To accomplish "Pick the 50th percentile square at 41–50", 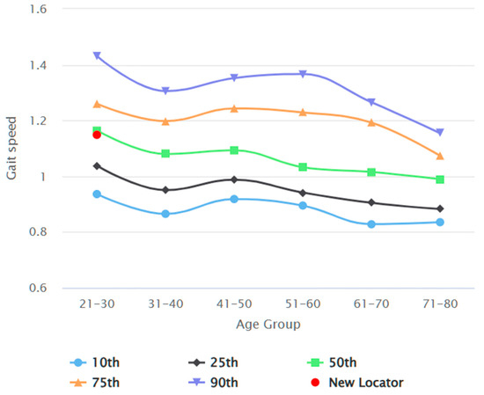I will coord(234,150).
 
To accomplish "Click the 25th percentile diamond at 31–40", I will coord(165,189).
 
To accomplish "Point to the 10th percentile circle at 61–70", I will coord(371,224).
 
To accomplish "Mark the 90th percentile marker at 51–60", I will coord(303,74).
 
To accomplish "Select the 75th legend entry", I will coord(97,383).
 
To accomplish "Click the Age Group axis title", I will coord(268,324).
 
